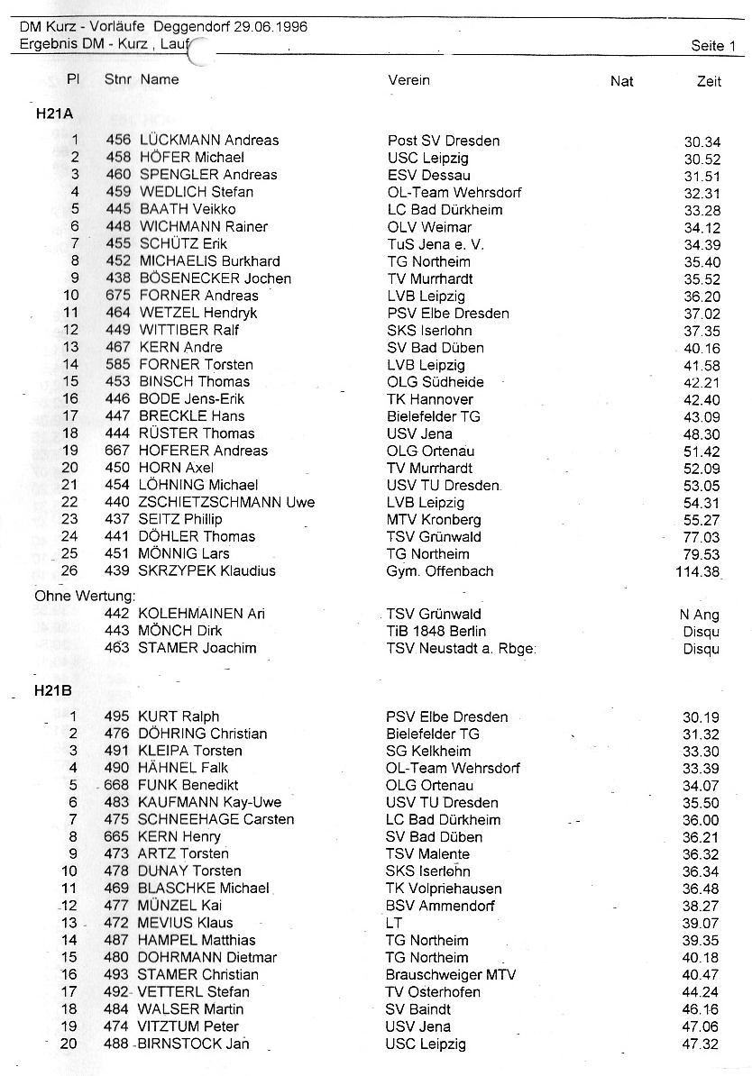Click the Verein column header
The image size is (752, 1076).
pyautogui.click(x=408, y=80)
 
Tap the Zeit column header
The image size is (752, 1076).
pyautogui.click(x=709, y=82)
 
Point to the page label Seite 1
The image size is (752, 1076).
pyautogui.click(x=713, y=45)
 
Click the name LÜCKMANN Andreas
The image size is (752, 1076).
pyautogui.click(x=209, y=141)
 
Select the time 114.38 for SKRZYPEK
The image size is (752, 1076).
pyautogui.click(x=697, y=571)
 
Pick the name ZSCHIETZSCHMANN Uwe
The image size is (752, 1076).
pyautogui.click(x=226, y=502)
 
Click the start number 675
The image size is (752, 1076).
pyautogui.click(x=118, y=296)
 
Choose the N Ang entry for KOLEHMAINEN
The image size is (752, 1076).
pyautogui.click(x=700, y=615)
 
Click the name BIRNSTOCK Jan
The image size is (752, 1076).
pyautogui.click(x=193, y=1044)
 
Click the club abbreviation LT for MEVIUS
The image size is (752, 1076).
pyautogui.click(x=393, y=923)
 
